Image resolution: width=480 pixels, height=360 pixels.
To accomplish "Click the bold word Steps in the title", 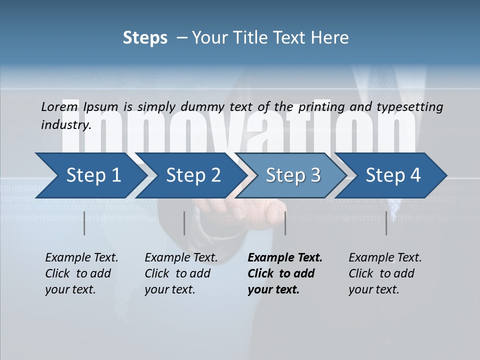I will tap(145, 38).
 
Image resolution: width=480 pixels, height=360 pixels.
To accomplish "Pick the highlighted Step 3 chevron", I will tap(293, 175).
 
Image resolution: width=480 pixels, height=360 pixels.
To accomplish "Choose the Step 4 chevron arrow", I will tap(393, 175).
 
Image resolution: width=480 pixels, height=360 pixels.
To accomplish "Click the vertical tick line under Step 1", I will tap(84, 223).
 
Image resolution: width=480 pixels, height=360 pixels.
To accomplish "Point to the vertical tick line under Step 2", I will tap(184, 223).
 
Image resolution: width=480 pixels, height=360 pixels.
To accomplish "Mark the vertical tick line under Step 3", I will tap(285, 223).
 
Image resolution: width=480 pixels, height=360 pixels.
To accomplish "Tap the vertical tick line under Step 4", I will tap(386, 223).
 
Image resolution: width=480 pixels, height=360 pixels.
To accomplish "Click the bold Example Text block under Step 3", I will tap(285, 273).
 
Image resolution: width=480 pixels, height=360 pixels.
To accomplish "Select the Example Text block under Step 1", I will tap(81, 273).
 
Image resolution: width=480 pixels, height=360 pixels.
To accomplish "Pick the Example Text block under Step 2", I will tap(181, 273).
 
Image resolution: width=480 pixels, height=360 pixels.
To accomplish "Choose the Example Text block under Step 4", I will tap(385, 273).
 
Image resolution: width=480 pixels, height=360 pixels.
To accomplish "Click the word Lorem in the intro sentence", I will tap(59, 106).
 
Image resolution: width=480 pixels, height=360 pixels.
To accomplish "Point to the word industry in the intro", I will tap(66, 124).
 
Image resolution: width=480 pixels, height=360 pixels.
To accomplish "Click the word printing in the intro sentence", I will tap(321, 106).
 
